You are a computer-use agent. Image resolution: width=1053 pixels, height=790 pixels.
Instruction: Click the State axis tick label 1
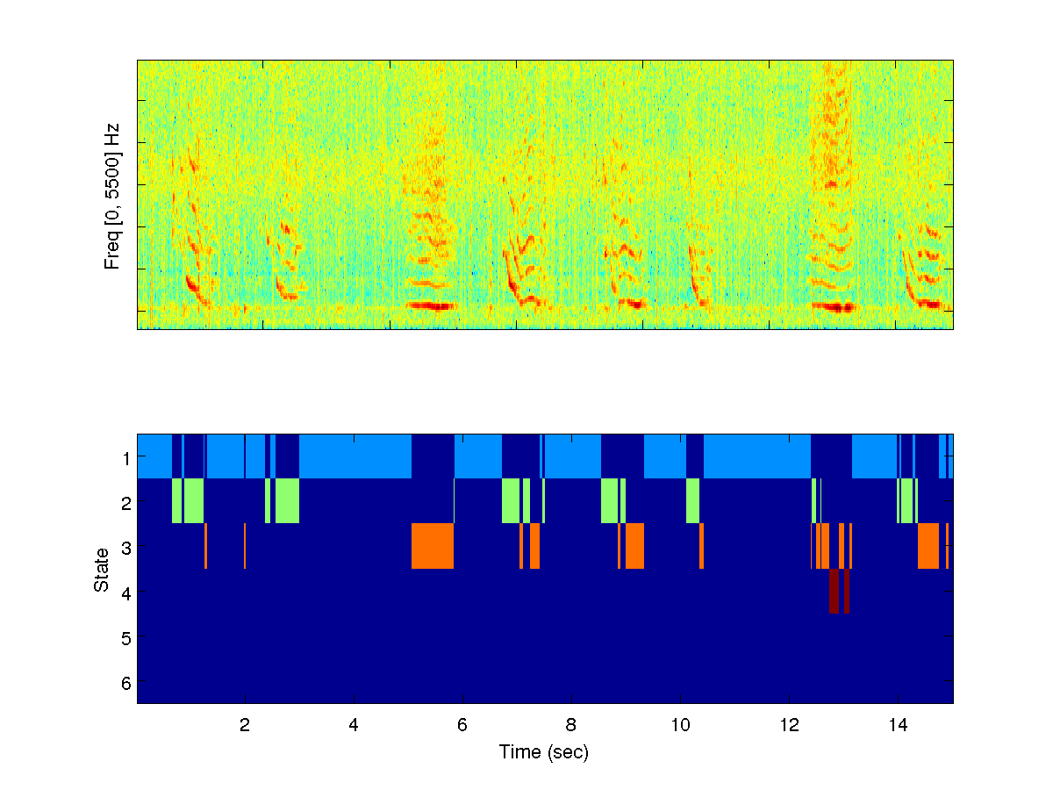[x=126, y=457]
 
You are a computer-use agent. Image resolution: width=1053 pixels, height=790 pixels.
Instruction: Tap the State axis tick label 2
[x=126, y=503]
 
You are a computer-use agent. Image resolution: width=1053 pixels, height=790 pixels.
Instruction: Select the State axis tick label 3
[x=126, y=548]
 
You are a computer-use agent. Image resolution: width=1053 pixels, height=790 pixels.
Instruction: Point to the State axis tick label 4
[x=126, y=592]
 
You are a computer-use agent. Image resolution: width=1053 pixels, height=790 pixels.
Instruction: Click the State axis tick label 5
[x=126, y=637]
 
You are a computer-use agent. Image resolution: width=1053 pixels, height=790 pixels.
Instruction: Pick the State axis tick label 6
[x=126, y=682]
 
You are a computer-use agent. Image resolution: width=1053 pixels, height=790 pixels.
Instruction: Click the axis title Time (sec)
[x=544, y=752]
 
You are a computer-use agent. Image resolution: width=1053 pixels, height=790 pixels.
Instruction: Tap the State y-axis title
[x=103, y=569]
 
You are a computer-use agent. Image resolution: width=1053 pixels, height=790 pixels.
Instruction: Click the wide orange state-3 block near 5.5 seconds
[x=433, y=546]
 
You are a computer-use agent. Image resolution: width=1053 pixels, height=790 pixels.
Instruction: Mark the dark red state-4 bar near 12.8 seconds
[x=834, y=591]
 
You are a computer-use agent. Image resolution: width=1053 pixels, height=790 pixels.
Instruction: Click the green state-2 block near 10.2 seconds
[x=692, y=500]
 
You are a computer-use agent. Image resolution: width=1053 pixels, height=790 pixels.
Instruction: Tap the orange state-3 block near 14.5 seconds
[x=928, y=546]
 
